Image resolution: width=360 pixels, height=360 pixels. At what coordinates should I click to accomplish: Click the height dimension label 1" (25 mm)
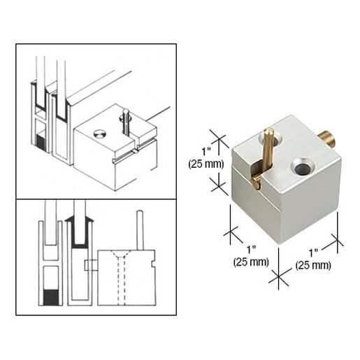206,158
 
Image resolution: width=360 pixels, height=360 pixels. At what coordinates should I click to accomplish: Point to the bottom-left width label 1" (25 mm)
251,256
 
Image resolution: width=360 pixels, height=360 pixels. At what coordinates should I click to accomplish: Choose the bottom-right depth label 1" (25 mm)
313,259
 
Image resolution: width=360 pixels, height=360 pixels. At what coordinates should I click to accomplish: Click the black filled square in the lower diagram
51,297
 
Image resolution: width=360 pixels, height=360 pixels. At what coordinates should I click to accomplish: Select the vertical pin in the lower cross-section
140,230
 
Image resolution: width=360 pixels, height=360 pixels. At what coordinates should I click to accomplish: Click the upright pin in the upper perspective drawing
126,121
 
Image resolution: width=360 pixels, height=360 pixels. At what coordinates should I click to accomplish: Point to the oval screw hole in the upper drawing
100,134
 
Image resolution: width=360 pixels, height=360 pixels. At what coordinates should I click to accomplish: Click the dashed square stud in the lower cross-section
91,265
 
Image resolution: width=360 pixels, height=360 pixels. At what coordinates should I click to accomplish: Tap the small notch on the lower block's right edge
153,264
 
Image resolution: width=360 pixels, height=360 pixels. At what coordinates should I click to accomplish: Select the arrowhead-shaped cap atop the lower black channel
80,219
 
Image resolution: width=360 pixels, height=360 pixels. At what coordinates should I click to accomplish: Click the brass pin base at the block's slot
257,179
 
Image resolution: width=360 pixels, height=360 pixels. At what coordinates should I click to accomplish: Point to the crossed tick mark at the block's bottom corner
279,277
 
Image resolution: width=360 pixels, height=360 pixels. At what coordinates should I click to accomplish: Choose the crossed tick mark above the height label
219,138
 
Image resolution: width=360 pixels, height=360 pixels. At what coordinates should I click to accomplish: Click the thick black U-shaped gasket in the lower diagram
80,233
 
